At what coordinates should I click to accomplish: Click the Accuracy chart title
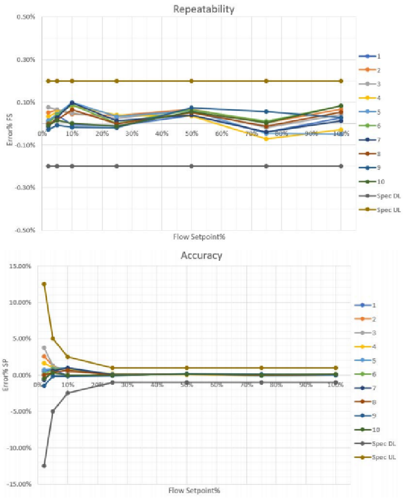(x=201, y=256)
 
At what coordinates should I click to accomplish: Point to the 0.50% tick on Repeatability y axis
(x=26, y=17)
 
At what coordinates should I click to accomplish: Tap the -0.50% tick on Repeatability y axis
(x=25, y=230)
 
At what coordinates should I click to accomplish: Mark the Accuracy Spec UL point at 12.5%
(x=44, y=284)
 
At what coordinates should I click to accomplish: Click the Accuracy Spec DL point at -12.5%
(x=44, y=466)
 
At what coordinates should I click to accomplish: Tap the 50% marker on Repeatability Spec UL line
(x=191, y=81)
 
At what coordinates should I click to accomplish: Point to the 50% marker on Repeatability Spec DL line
(x=191, y=166)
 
